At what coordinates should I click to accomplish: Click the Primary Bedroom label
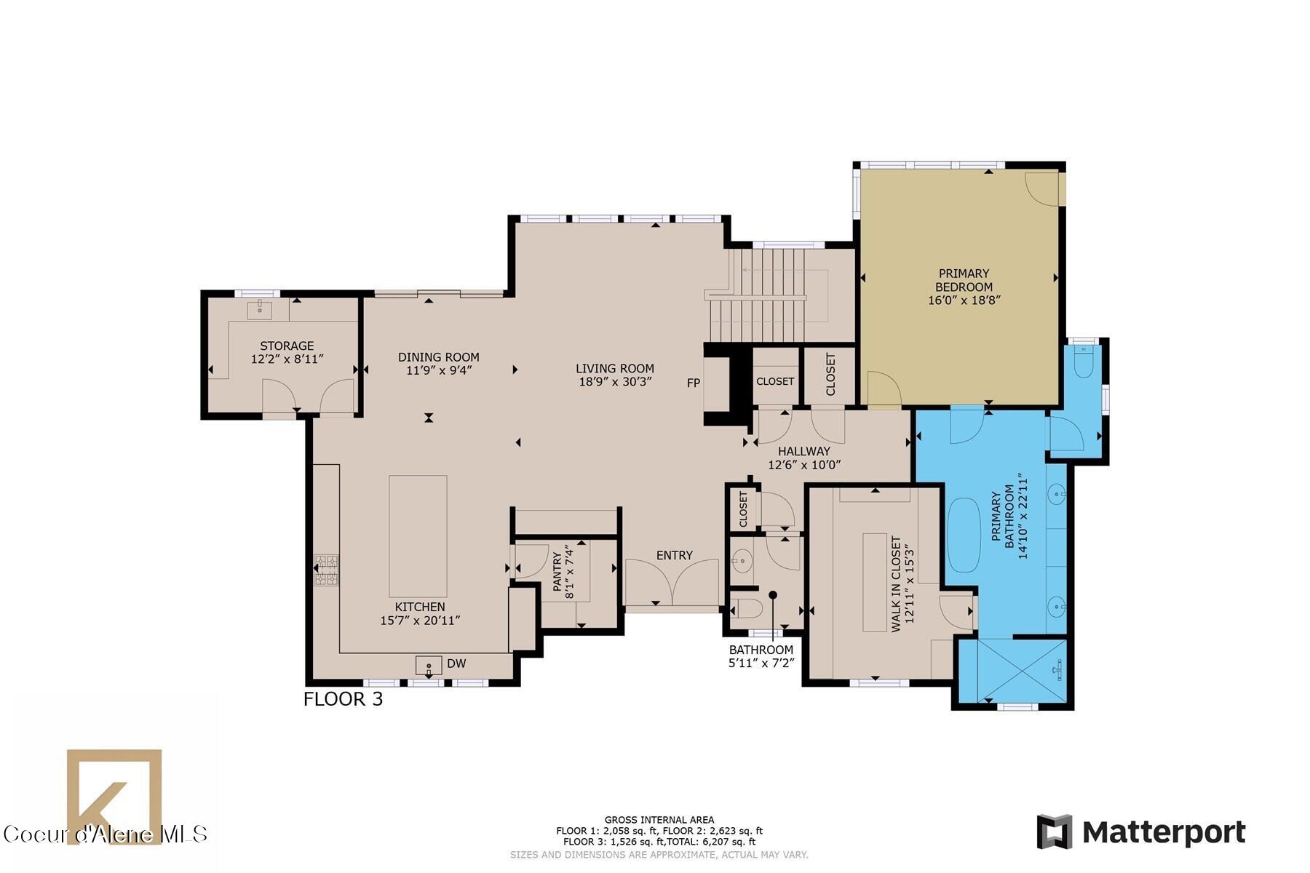pos(964,280)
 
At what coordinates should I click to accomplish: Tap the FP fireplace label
pos(694,383)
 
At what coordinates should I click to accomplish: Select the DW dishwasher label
pos(456,663)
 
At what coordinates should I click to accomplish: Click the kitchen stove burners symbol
pos(326,570)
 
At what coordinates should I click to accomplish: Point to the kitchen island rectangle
pos(418,535)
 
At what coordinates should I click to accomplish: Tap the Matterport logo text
pos(1164,832)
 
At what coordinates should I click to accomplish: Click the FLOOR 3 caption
pos(343,699)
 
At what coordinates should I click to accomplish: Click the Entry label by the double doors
pos(674,555)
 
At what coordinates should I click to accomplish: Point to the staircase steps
pos(757,295)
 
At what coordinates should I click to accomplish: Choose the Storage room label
pos(287,346)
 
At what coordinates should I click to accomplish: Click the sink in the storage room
pos(260,309)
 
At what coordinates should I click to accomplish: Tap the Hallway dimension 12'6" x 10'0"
pos(804,465)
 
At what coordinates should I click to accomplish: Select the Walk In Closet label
pos(896,584)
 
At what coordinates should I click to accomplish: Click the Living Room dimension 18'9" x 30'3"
pos(615,381)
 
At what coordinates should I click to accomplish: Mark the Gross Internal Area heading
pos(659,820)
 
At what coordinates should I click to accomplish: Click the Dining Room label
pos(438,356)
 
